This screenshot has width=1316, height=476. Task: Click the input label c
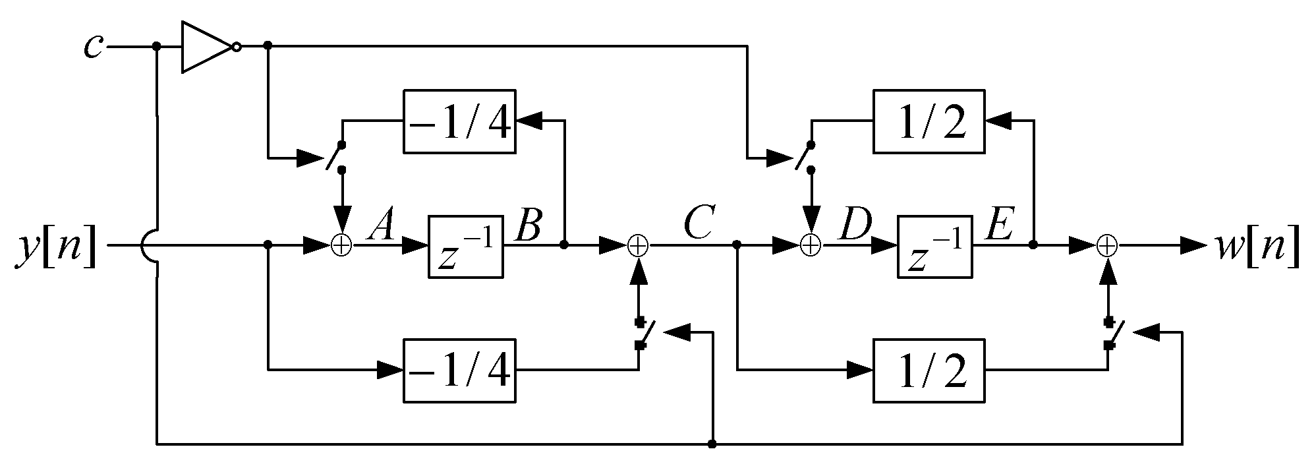point(94,46)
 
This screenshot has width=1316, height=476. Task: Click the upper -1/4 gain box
point(459,121)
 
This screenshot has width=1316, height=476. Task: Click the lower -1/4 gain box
point(459,371)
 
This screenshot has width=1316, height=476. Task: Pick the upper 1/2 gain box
point(929,121)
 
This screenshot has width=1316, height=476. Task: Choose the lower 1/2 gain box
point(929,371)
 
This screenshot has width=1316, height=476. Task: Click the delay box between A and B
point(466,246)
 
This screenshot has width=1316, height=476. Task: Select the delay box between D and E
point(934,246)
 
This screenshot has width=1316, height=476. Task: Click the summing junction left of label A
point(341,246)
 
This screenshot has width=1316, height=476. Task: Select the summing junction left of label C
point(638,246)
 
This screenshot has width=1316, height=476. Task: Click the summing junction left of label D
point(811,246)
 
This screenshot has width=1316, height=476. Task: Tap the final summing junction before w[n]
point(1108,246)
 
